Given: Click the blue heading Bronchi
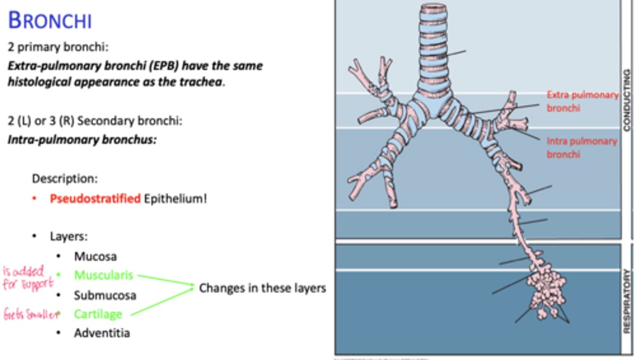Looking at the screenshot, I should coord(50,21).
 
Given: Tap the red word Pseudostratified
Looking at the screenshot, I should coord(95,199).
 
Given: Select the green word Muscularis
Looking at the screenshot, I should coord(103,275).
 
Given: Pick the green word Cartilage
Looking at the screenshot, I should coord(98,314).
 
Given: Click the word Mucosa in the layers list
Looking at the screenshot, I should coord(95,256).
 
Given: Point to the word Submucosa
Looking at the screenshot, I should coord(105,295).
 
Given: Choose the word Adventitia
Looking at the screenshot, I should coord(102,333).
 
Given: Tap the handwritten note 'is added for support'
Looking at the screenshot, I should coord(27,277).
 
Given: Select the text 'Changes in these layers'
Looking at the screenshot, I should coord(262,288).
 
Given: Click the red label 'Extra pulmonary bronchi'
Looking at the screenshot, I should coord(582,101).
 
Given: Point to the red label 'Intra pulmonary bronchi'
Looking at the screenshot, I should coord(581,148).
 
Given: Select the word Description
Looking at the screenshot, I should coord(64,179).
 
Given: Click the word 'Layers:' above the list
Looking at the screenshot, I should coord(68,236).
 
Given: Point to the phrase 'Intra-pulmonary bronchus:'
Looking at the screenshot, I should coord(82,140).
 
